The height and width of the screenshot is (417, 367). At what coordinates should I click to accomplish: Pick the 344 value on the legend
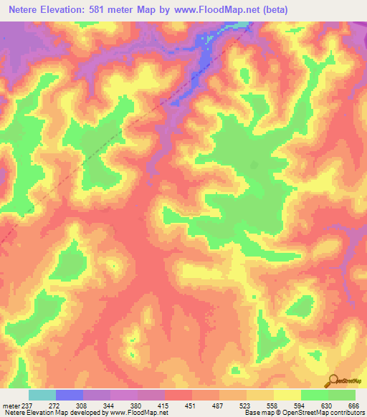click(x=109, y=405)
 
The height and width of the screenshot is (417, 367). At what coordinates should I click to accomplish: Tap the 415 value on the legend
click(x=163, y=405)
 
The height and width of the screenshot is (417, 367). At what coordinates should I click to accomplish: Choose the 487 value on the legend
click(x=218, y=405)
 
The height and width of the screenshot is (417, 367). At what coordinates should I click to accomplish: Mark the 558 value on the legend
click(x=272, y=405)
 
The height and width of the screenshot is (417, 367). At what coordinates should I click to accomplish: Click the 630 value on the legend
click(x=327, y=405)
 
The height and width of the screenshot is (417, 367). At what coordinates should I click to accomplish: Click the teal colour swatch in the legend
click(x=42, y=395)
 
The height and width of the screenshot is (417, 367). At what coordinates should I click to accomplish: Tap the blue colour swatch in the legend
click(x=69, y=395)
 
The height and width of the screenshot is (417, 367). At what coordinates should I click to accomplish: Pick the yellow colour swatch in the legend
click(x=287, y=395)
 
